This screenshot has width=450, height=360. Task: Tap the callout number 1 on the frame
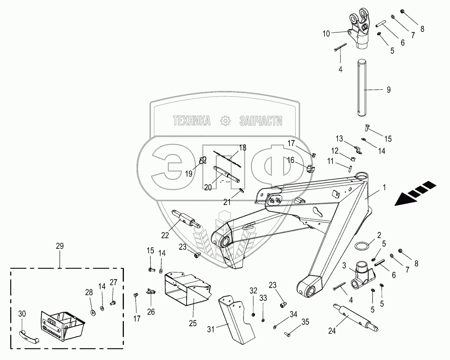click(x=384, y=188)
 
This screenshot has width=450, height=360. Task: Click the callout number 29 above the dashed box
click(x=60, y=246)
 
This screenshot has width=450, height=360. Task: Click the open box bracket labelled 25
click(x=187, y=289)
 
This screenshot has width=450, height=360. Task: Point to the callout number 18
click(x=242, y=148)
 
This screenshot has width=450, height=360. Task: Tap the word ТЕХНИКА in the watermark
click(x=191, y=121)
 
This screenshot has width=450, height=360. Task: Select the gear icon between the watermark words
click(x=226, y=121)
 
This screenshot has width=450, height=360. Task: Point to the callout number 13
click(x=339, y=138)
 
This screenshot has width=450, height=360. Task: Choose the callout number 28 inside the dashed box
click(x=89, y=292)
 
